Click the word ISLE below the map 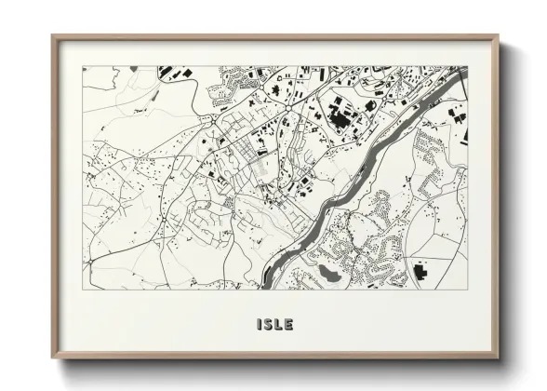[x=274, y=325]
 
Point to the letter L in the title [x=279, y=325]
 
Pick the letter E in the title [x=289, y=325]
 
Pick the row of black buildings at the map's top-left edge [x=172, y=71]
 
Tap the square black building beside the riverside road [x=301, y=181]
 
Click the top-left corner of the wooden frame [x=53, y=37]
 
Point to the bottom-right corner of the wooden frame [x=498, y=357]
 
